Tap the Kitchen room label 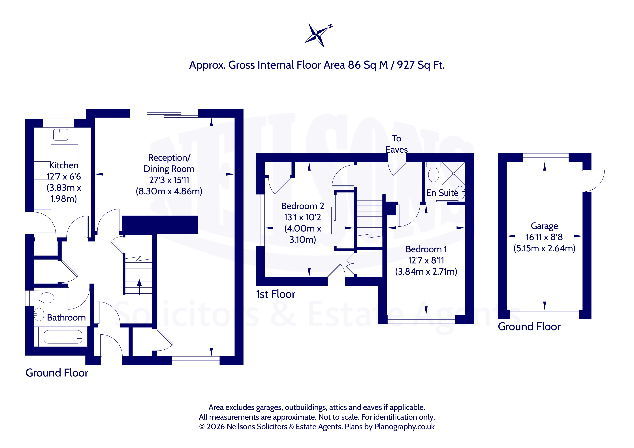point(64,165)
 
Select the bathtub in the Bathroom point(63,337)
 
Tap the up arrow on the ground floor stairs point(139,287)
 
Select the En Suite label point(442,193)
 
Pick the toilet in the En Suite point(434,172)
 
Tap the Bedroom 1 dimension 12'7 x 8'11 point(426,260)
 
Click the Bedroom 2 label point(303,206)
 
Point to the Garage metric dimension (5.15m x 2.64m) point(544,248)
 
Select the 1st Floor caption point(276,294)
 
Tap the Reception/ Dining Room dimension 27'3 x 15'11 point(169,180)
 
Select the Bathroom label point(66,317)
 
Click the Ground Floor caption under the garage point(529,327)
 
